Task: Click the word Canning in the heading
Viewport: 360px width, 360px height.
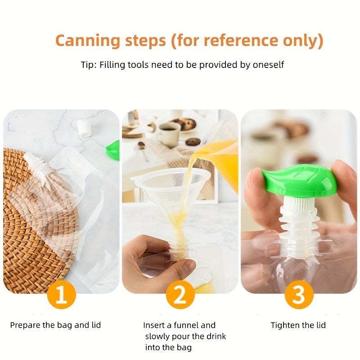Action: (88, 40)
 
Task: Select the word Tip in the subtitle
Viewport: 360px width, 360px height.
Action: (88, 65)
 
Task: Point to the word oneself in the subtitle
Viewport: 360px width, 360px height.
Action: (268, 65)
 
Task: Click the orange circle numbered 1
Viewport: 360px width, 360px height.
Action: (62, 294)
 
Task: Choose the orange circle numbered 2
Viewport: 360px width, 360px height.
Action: (180, 294)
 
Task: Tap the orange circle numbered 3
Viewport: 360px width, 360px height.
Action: (299, 294)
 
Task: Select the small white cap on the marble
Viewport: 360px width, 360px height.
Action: (84, 128)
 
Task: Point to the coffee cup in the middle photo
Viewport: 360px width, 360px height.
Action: (169, 135)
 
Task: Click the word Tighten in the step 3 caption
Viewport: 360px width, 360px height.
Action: (285, 325)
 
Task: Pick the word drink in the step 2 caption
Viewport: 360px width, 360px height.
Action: (215, 336)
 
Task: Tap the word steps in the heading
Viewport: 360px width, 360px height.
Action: (145, 41)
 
